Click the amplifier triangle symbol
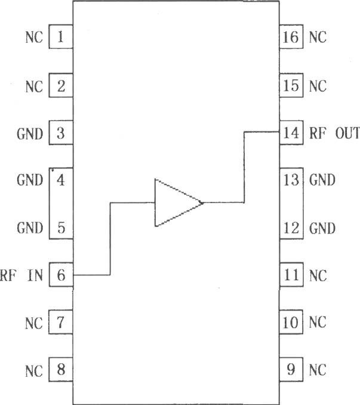178,202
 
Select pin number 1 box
61,36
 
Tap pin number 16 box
291,36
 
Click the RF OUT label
334,133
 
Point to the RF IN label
21,275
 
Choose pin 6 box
61,275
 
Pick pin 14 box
291,133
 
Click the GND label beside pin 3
30,134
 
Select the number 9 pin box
291,369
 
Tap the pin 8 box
61,369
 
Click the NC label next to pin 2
34,86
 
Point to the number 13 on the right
291,180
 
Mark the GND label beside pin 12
322,228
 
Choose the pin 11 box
291,275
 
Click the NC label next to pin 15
318,86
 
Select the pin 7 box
61,322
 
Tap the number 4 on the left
61,180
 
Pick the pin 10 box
291,322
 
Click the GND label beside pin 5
30,228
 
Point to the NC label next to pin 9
318,370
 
